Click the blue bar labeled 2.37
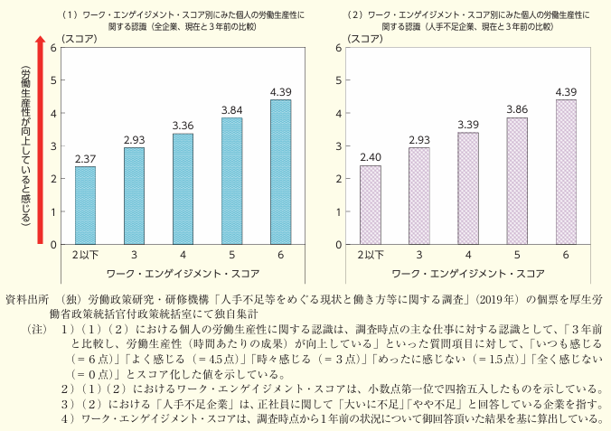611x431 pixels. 85,205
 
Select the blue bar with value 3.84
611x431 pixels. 231,181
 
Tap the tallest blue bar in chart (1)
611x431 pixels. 280,172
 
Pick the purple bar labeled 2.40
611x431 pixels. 371,204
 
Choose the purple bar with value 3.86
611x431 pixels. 517,181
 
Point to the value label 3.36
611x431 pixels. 183,125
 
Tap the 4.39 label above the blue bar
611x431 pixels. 280,91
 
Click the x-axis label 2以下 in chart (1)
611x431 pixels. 85,255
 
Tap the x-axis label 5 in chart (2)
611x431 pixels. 517,255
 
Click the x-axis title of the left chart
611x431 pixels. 183,271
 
